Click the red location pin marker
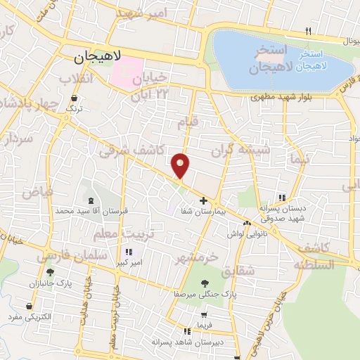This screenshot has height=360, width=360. click(x=181, y=165)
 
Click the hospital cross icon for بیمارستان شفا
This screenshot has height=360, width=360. click(x=204, y=201)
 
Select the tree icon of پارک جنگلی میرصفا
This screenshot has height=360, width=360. click(x=204, y=283)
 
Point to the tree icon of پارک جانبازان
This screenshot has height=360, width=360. click(x=50, y=272)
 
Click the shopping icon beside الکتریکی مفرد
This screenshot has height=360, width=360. click(x=29, y=307)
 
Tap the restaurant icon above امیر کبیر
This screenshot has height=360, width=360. click(x=128, y=252)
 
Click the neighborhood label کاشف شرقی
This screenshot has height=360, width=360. click(x=133, y=149)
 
